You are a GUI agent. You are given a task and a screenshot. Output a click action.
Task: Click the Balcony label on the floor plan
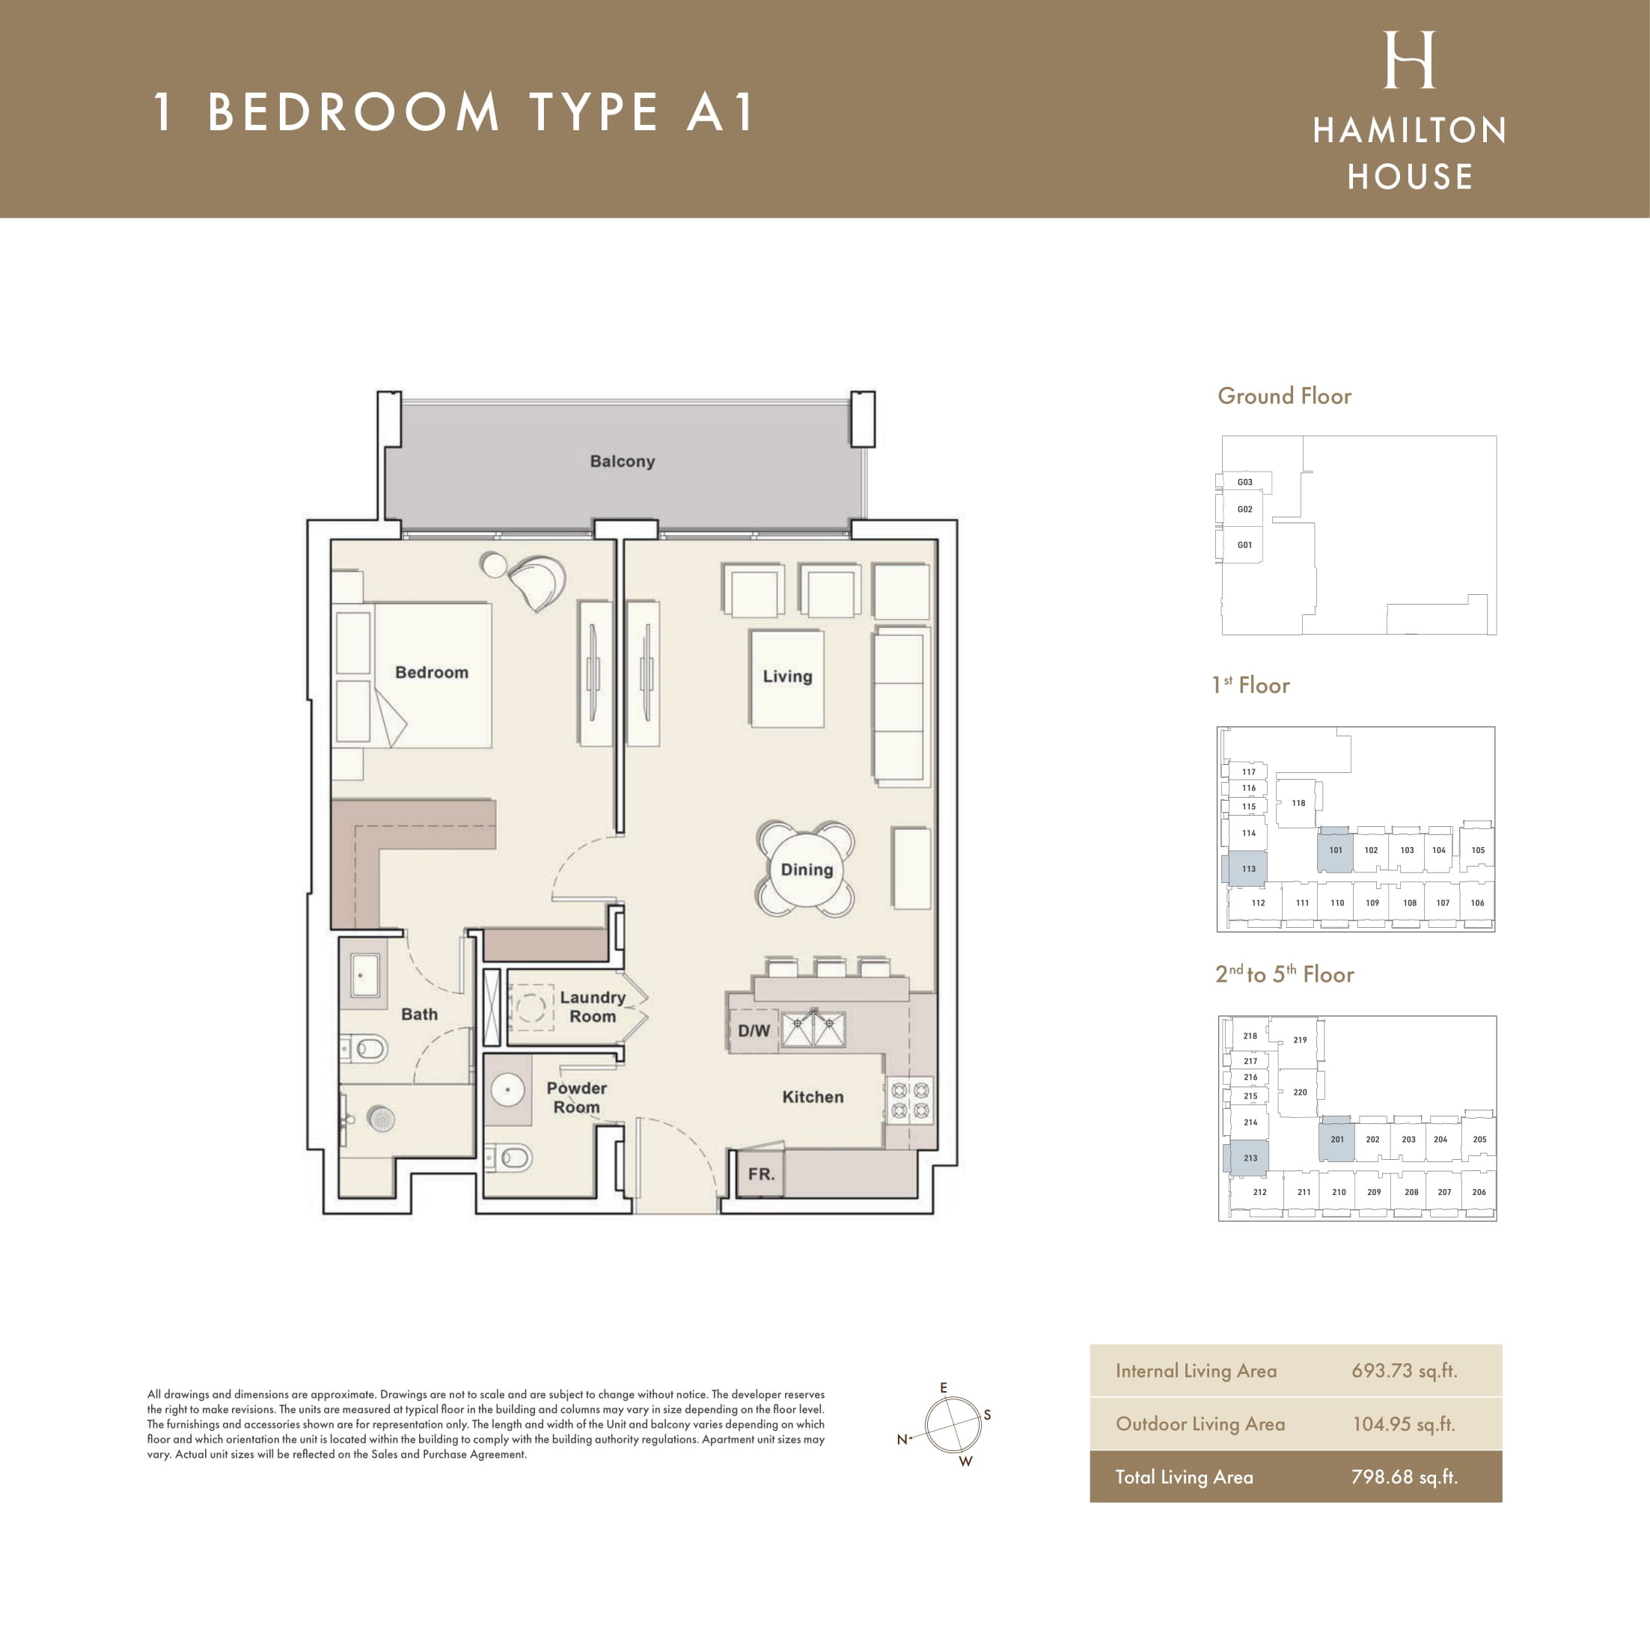pos(622,461)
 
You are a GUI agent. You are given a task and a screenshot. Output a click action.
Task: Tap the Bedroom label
pos(431,672)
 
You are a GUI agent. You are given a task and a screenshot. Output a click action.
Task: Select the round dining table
pos(806,870)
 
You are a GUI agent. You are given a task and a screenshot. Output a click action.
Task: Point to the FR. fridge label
pos(761,1173)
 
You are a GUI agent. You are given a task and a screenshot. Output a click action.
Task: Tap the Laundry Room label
pos(593,1007)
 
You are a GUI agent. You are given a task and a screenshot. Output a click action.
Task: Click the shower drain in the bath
pos(381,1118)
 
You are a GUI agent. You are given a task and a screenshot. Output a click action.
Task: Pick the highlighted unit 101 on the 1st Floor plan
pos(1336,850)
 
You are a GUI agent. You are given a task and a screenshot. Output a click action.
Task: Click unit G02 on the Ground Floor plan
pos(1244,509)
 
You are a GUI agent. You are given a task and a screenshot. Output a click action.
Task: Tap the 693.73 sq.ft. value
pos(1404,1371)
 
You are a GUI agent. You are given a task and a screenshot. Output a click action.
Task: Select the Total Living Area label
pos(1184,1476)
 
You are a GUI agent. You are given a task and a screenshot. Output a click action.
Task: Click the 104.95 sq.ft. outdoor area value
pos(1404,1424)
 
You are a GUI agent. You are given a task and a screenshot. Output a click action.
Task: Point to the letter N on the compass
pos(901,1439)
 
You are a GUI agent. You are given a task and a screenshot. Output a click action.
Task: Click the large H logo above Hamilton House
pos(1409,60)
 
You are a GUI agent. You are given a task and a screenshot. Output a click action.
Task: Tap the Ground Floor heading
pos(1283,397)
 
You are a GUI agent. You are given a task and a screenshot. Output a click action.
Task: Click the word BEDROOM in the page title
pos(352,112)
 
